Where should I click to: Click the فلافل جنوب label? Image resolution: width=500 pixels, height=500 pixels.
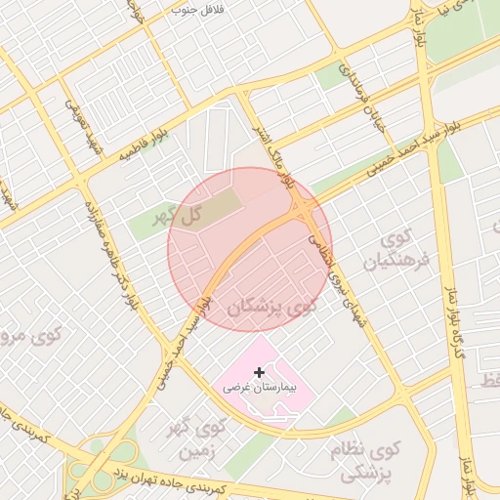(197, 10)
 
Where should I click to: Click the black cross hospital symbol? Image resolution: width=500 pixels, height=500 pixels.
(259, 372)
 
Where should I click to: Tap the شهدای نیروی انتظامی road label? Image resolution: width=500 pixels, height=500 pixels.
(341, 279)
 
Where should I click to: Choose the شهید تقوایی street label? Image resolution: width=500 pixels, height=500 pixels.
(83, 126)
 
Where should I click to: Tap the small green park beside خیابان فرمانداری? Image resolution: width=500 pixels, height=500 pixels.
(332, 76)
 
